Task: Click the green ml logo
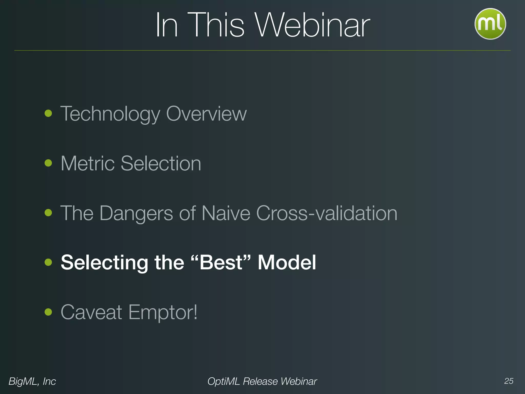point(490,24)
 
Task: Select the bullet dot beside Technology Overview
point(48,113)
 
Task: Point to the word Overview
point(206,114)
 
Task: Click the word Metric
point(87,163)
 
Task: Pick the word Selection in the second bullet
point(161,163)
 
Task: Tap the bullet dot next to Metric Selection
point(48,163)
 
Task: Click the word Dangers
point(136,213)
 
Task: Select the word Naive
point(226,213)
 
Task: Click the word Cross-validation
point(327,213)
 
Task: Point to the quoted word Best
point(221,262)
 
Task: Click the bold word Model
point(287,262)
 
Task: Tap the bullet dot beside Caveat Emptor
point(48,312)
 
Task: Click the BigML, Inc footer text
point(32,381)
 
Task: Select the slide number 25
point(509,381)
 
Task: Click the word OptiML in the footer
point(223,381)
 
